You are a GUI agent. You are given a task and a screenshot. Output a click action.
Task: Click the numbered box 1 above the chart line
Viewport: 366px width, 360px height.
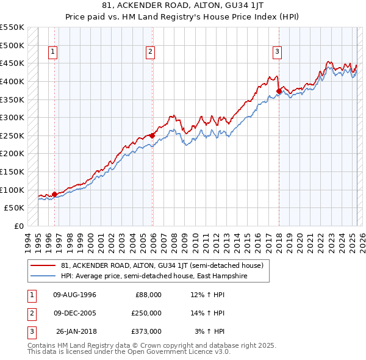[x=53, y=52]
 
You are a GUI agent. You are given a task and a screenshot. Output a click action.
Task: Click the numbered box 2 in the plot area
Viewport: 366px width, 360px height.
[x=150, y=52]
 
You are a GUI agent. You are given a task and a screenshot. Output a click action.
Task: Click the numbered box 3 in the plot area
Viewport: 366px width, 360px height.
[x=277, y=52]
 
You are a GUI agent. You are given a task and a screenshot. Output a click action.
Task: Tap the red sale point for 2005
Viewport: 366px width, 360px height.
[x=152, y=135]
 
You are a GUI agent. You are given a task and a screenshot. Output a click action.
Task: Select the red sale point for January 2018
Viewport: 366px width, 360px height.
[x=279, y=92]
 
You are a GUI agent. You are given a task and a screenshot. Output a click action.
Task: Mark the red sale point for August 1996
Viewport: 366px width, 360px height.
[x=54, y=194]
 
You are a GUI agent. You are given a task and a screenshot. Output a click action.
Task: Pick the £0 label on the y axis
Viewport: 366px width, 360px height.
[x=18, y=226]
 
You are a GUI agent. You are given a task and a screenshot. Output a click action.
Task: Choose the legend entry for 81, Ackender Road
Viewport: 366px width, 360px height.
[x=162, y=265]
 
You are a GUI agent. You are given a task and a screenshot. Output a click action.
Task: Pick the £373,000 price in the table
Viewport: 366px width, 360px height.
[x=146, y=331]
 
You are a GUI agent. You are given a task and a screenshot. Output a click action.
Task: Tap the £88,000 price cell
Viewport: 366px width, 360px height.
[x=148, y=295]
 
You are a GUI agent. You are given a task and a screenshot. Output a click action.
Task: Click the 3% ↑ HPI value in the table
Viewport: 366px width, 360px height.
[x=210, y=331]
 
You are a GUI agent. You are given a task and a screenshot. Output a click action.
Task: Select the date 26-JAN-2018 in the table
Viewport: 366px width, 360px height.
[x=76, y=331]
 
